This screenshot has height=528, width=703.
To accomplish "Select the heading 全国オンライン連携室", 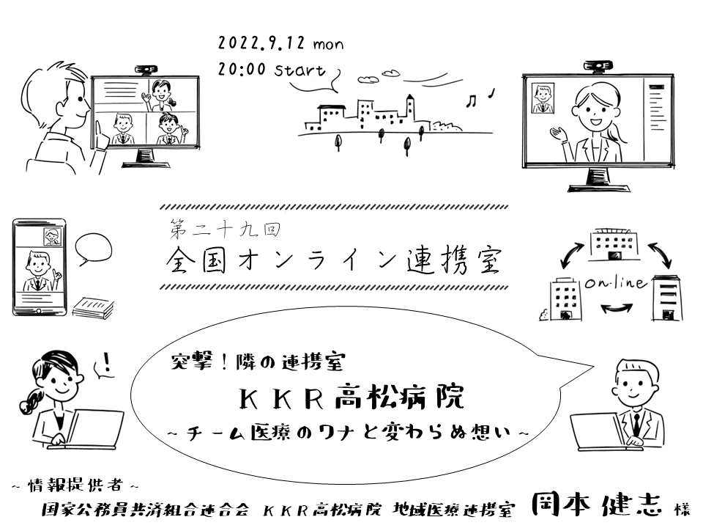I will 334,260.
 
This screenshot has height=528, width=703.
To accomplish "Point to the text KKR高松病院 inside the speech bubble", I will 352,400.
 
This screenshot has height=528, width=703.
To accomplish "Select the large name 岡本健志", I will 598,505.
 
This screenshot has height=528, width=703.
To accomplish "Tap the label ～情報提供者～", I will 73,485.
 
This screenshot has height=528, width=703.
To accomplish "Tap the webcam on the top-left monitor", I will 144,70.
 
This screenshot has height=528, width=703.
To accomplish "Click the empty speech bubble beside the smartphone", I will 94,249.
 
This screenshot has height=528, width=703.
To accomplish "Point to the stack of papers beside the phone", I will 93,307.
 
